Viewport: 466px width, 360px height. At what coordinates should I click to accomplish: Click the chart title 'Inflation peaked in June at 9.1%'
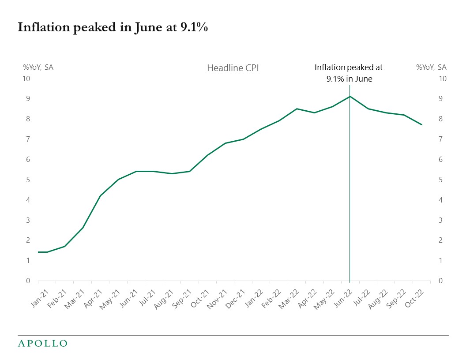click(113, 27)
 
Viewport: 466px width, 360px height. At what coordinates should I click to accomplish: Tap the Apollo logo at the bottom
click(42, 343)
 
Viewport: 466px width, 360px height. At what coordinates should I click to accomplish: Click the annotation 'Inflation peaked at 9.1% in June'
click(349, 73)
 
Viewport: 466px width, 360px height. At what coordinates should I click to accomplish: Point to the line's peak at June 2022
click(349, 96)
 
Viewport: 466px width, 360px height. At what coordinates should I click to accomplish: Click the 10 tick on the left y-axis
click(26, 79)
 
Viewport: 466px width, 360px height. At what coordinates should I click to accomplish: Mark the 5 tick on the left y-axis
click(27, 180)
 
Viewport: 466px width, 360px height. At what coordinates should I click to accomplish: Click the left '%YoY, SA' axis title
click(38, 67)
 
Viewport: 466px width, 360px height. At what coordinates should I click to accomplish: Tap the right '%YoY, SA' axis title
click(431, 67)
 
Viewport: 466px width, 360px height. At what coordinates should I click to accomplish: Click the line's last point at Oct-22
click(421, 124)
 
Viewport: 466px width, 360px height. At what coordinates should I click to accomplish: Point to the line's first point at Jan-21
click(38, 252)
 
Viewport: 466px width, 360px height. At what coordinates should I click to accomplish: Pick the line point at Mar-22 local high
click(297, 109)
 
